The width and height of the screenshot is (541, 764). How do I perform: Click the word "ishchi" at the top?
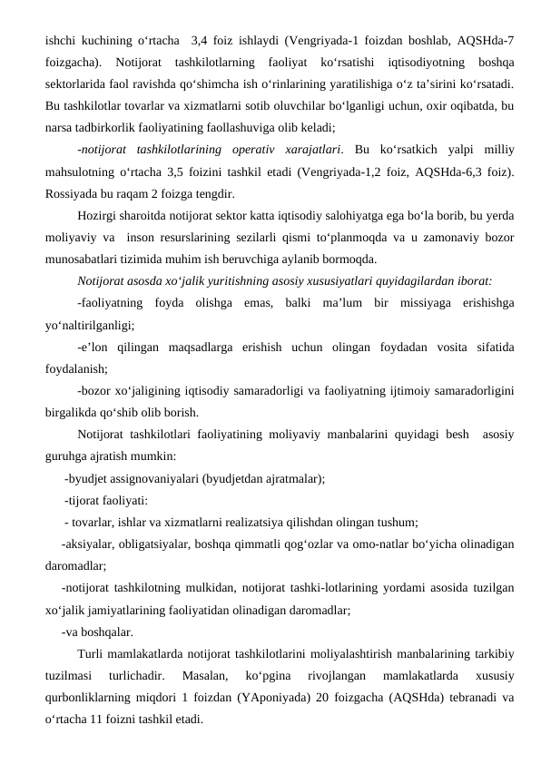(x=63, y=41)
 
